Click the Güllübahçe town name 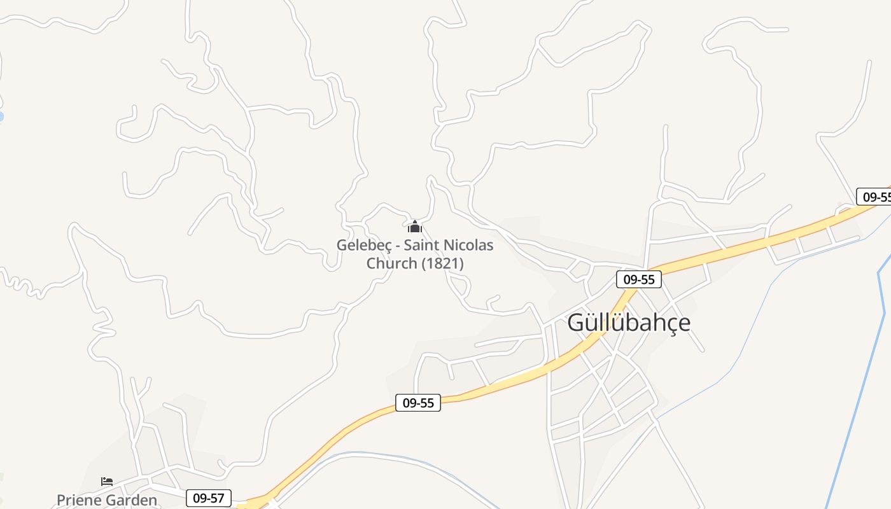pos(628,323)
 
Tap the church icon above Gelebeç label pos(415,226)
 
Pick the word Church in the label pos(391,263)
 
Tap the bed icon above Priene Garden pos(107,482)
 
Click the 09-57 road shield pos(209,498)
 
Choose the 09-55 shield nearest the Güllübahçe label pos(639,279)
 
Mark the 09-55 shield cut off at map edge pos(875,197)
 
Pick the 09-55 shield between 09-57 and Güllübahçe pos(418,403)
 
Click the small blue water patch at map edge pos(1,116)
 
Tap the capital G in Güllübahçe pos(576,323)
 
